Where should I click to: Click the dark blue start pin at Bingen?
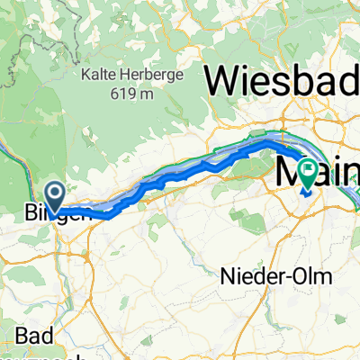pyautogui.click(x=55, y=193)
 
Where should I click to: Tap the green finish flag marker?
pyautogui.click(x=308, y=170)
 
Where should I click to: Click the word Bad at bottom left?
pyautogui.click(x=33, y=335)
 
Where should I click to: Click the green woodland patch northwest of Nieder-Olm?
pyautogui.click(x=240, y=216)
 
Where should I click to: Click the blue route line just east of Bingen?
pyautogui.click(x=85, y=211)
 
